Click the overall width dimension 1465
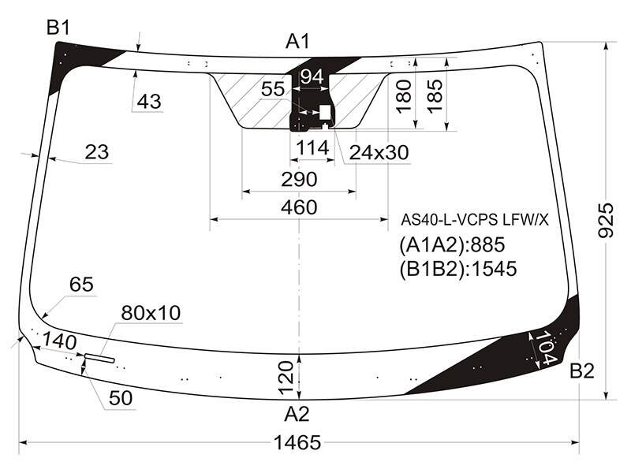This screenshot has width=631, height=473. (297, 443)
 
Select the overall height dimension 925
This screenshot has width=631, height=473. (606, 221)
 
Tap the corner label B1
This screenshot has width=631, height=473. (58, 28)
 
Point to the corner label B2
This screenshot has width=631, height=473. (582, 371)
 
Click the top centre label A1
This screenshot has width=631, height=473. (298, 41)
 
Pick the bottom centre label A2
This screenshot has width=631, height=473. (297, 414)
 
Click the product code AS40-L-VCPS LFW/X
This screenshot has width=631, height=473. (475, 220)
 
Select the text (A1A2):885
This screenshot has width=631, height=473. (452, 244)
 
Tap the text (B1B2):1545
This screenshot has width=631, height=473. (458, 269)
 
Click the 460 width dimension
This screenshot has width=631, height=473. (299, 207)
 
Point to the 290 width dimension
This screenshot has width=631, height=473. (299, 180)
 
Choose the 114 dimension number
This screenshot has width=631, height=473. (312, 148)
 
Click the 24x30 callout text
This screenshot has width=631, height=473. (379, 152)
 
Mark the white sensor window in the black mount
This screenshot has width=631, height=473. (325, 113)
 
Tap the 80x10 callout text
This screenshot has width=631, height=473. (151, 313)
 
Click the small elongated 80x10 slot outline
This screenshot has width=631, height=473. (99, 358)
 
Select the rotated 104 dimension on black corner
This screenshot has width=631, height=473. (546, 347)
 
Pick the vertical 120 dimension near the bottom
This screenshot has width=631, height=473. (286, 378)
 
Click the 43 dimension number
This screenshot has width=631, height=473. (149, 102)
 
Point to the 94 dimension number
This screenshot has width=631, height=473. (312, 76)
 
